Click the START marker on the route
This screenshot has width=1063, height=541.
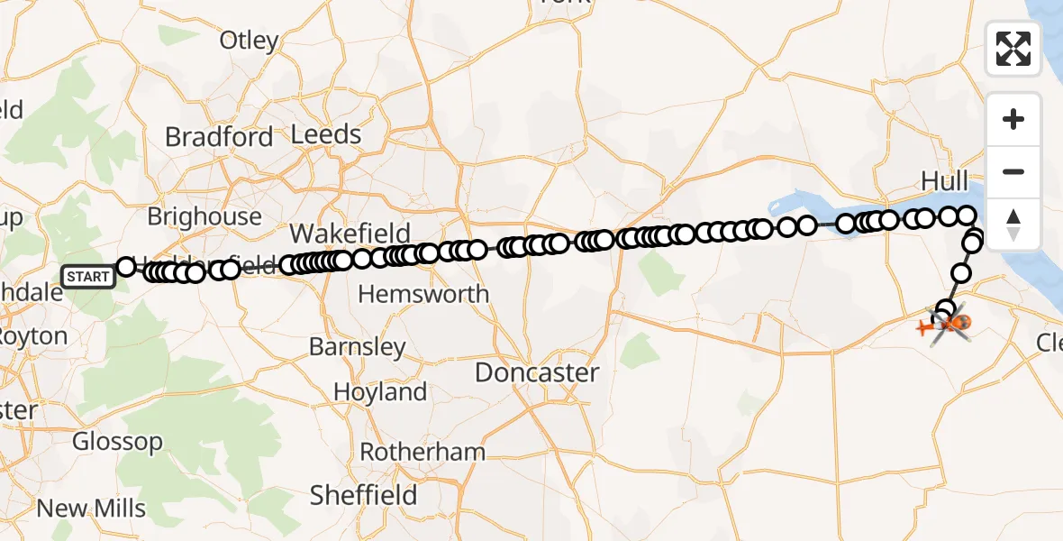pyautogui.click(x=88, y=276)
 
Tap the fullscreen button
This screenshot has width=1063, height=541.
pyautogui.click(x=1013, y=49)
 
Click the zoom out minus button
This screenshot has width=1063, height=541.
pyautogui.click(x=1013, y=171)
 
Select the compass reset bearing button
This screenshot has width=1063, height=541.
pyautogui.click(x=1013, y=224)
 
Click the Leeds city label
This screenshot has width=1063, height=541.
pyautogui.click(x=326, y=135)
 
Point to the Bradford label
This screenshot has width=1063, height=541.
pyautogui.click(x=219, y=137)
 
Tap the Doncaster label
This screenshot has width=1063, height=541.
pyautogui.click(x=537, y=372)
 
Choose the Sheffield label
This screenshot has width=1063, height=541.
pyautogui.click(x=363, y=495)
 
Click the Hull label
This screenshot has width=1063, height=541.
pyautogui.click(x=944, y=180)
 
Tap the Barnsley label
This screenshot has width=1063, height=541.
pyautogui.click(x=357, y=346)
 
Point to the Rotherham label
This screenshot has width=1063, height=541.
pyautogui.click(x=422, y=452)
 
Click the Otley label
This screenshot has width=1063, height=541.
pyautogui.click(x=250, y=41)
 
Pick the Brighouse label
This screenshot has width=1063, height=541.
pyautogui.click(x=204, y=217)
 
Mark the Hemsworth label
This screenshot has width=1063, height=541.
pyautogui.click(x=423, y=294)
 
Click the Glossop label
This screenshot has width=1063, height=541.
pyautogui.click(x=117, y=442)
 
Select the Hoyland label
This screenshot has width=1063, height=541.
pyautogui.click(x=380, y=392)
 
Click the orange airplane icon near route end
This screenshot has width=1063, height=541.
pyautogui.click(x=925, y=326)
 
